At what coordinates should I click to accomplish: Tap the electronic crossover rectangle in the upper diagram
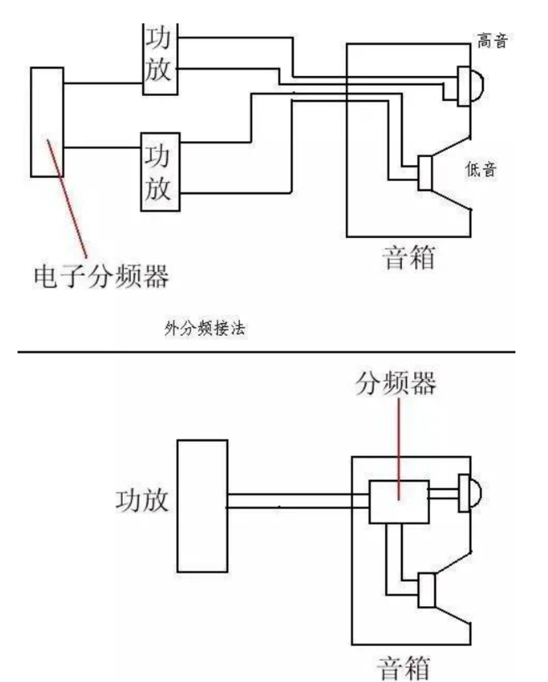(x=47, y=122)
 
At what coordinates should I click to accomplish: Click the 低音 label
(x=483, y=170)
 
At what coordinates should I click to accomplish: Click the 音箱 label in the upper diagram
(x=407, y=255)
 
